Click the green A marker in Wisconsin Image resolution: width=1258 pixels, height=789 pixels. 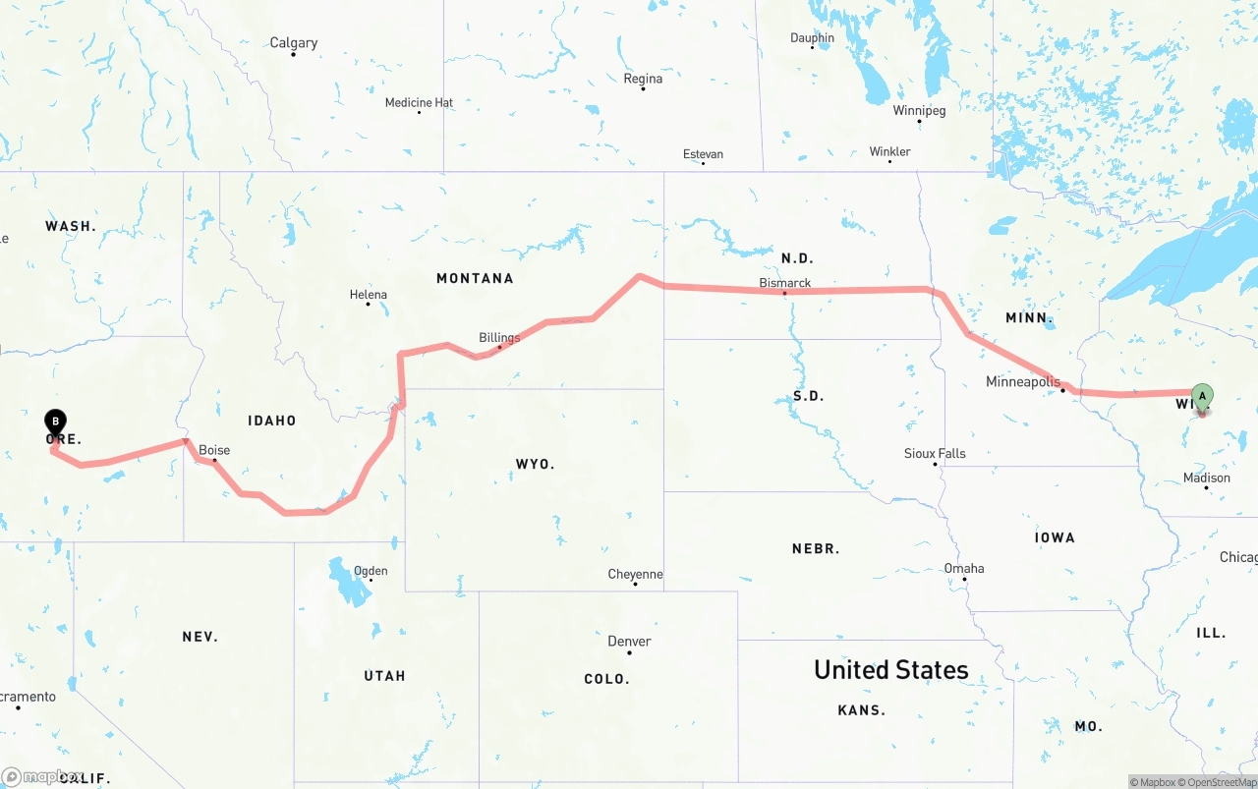click(x=1201, y=397)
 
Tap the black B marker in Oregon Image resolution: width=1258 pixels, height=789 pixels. click(x=56, y=423)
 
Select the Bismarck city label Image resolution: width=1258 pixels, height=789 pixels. click(x=785, y=283)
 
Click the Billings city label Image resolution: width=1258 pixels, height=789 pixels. click(x=499, y=338)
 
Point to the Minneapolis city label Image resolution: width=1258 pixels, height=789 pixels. click(x=1023, y=381)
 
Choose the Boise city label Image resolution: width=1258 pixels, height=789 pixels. click(x=214, y=450)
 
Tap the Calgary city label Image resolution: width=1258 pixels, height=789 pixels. click(x=294, y=43)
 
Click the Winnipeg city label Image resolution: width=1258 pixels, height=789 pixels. click(x=919, y=110)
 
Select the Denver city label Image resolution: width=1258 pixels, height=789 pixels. click(x=629, y=642)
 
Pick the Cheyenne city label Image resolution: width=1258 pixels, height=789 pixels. click(x=635, y=574)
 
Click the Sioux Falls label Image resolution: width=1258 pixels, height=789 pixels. click(x=935, y=453)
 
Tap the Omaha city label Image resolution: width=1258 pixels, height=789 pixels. click(x=963, y=568)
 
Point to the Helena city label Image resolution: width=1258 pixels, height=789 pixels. click(x=369, y=294)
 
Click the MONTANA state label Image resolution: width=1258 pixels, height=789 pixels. click(x=475, y=278)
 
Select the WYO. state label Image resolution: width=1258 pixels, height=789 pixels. click(x=535, y=464)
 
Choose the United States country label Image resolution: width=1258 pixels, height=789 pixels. click(x=890, y=670)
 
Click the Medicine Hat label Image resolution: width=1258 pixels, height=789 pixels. click(x=419, y=102)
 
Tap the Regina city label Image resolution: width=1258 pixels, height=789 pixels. click(x=643, y=79)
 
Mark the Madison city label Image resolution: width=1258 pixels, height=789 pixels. click(x=1207, y=478)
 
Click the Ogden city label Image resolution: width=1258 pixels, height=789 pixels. click(x=371, y=570)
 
